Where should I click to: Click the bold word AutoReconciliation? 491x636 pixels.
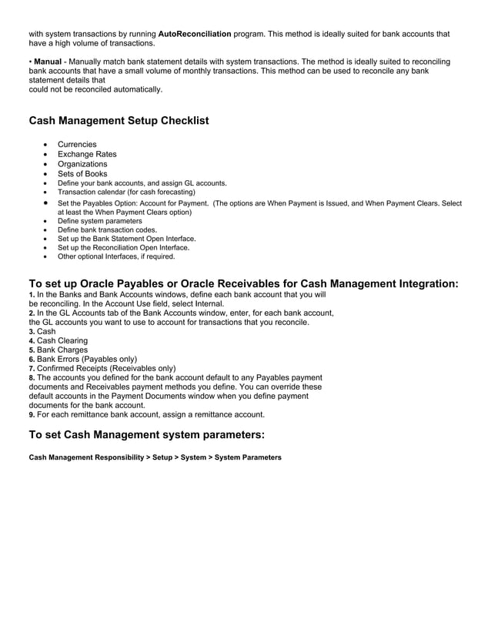click(194, 34)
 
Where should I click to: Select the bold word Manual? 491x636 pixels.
click(48, 61)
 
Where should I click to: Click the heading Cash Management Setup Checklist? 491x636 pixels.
click(119, 121)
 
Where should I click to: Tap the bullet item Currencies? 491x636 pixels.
click(77, 144)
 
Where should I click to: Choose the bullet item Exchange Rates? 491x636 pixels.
click(87, 154)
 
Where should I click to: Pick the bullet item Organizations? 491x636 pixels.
click(82, 164)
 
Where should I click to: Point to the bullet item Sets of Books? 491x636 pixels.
click(83, 174)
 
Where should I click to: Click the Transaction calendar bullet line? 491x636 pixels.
click(126, 192)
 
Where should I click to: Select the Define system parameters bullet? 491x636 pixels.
click(99, 221)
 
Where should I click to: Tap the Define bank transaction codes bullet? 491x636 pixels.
click(107, 229)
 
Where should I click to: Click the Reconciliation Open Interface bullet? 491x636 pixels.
click(123, 247)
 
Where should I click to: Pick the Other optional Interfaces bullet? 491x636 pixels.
click(116, 256)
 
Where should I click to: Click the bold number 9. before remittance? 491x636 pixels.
click(32, 414)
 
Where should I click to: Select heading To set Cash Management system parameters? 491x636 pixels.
click(146, 434)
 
